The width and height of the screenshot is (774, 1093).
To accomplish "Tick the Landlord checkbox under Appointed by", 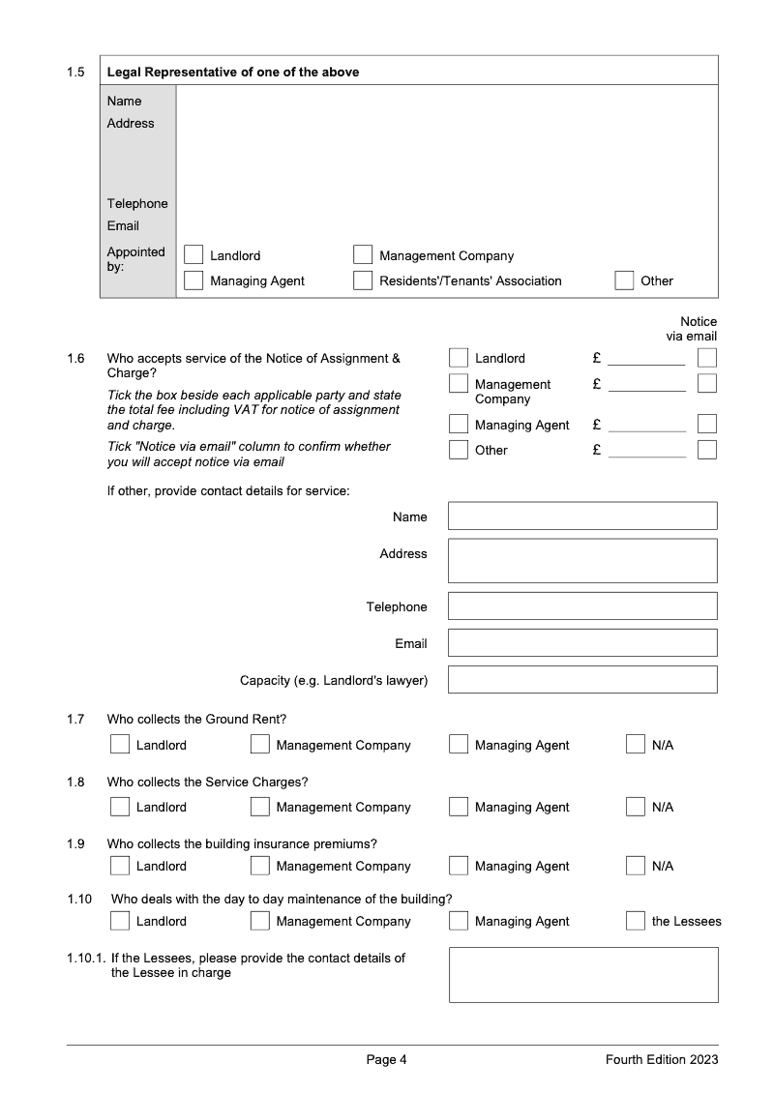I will click(193, 255).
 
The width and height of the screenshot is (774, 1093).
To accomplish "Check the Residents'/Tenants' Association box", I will click(363, 281).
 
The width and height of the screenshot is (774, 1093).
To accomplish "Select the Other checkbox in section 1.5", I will click(624, 281).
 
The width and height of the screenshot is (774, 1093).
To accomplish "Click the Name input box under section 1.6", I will click(582, 516).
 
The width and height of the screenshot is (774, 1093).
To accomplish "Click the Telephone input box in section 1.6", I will click(582, 606).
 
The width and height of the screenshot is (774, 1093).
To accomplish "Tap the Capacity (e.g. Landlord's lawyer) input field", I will click(582, 680).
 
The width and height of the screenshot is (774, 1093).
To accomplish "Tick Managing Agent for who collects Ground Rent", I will click(459, 745).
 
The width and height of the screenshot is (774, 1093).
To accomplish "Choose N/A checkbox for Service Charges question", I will click(636, 807).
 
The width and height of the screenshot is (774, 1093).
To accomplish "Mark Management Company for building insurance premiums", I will click(260, 866).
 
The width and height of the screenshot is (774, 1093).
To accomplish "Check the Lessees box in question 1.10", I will click(636, 921).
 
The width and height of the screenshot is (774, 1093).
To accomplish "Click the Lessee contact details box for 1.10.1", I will click(583, 975).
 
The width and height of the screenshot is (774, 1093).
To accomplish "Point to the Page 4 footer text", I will click(386, 1060).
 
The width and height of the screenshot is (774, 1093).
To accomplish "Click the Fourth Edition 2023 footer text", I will click(662, 1060).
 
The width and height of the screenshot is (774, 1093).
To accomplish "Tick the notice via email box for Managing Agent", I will click(707, 424).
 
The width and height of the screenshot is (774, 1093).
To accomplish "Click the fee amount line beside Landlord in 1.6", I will click(646, 359).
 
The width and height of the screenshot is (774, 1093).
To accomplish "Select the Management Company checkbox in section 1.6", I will click(459, 384).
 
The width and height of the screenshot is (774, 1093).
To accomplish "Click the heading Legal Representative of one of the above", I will click(232, 72).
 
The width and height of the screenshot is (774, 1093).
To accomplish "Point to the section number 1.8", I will click(75, 782).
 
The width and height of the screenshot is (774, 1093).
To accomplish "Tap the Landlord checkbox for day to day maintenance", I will click(120, 921).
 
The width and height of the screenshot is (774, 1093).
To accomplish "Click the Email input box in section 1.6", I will click(582, 643).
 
